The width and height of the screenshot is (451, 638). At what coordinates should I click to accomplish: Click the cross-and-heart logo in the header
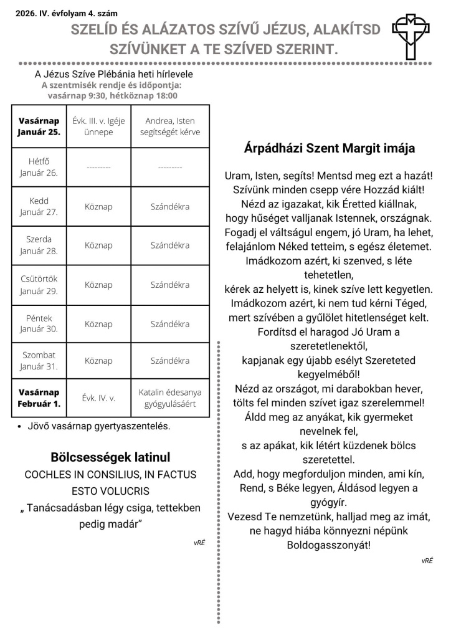411,36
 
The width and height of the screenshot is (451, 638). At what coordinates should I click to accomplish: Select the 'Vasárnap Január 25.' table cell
39,126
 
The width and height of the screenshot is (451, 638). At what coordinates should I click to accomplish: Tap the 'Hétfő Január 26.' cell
39,167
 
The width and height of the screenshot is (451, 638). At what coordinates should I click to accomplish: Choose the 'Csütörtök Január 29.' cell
39,285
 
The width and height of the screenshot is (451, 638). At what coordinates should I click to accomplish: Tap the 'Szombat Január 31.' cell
39,361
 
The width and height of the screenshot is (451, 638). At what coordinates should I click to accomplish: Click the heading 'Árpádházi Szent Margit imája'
330,149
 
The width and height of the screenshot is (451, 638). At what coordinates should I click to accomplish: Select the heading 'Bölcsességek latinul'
110,457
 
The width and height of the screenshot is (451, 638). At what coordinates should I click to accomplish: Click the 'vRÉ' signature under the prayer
427,561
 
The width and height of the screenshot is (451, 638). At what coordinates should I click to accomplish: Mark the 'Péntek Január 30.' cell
39,323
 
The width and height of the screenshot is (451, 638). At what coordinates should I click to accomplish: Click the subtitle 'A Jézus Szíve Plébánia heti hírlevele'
113,74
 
